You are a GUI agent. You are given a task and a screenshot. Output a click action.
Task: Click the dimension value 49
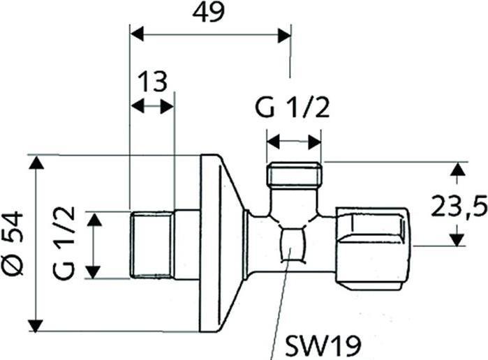209,13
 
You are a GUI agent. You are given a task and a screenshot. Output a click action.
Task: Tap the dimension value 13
152,81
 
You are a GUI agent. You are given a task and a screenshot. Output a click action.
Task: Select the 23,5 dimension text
457,207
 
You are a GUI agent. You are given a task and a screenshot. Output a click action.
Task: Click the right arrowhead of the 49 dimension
284,35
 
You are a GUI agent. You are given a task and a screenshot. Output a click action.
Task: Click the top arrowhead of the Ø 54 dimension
36,163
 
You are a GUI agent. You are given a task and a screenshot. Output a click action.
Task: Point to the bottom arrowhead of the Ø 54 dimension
36,324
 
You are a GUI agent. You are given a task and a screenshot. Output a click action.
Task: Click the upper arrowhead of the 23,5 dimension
457,169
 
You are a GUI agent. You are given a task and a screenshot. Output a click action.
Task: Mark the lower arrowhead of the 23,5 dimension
457,239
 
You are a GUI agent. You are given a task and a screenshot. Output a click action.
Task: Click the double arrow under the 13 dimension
153,107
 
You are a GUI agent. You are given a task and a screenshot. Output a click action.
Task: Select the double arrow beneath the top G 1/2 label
294,142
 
